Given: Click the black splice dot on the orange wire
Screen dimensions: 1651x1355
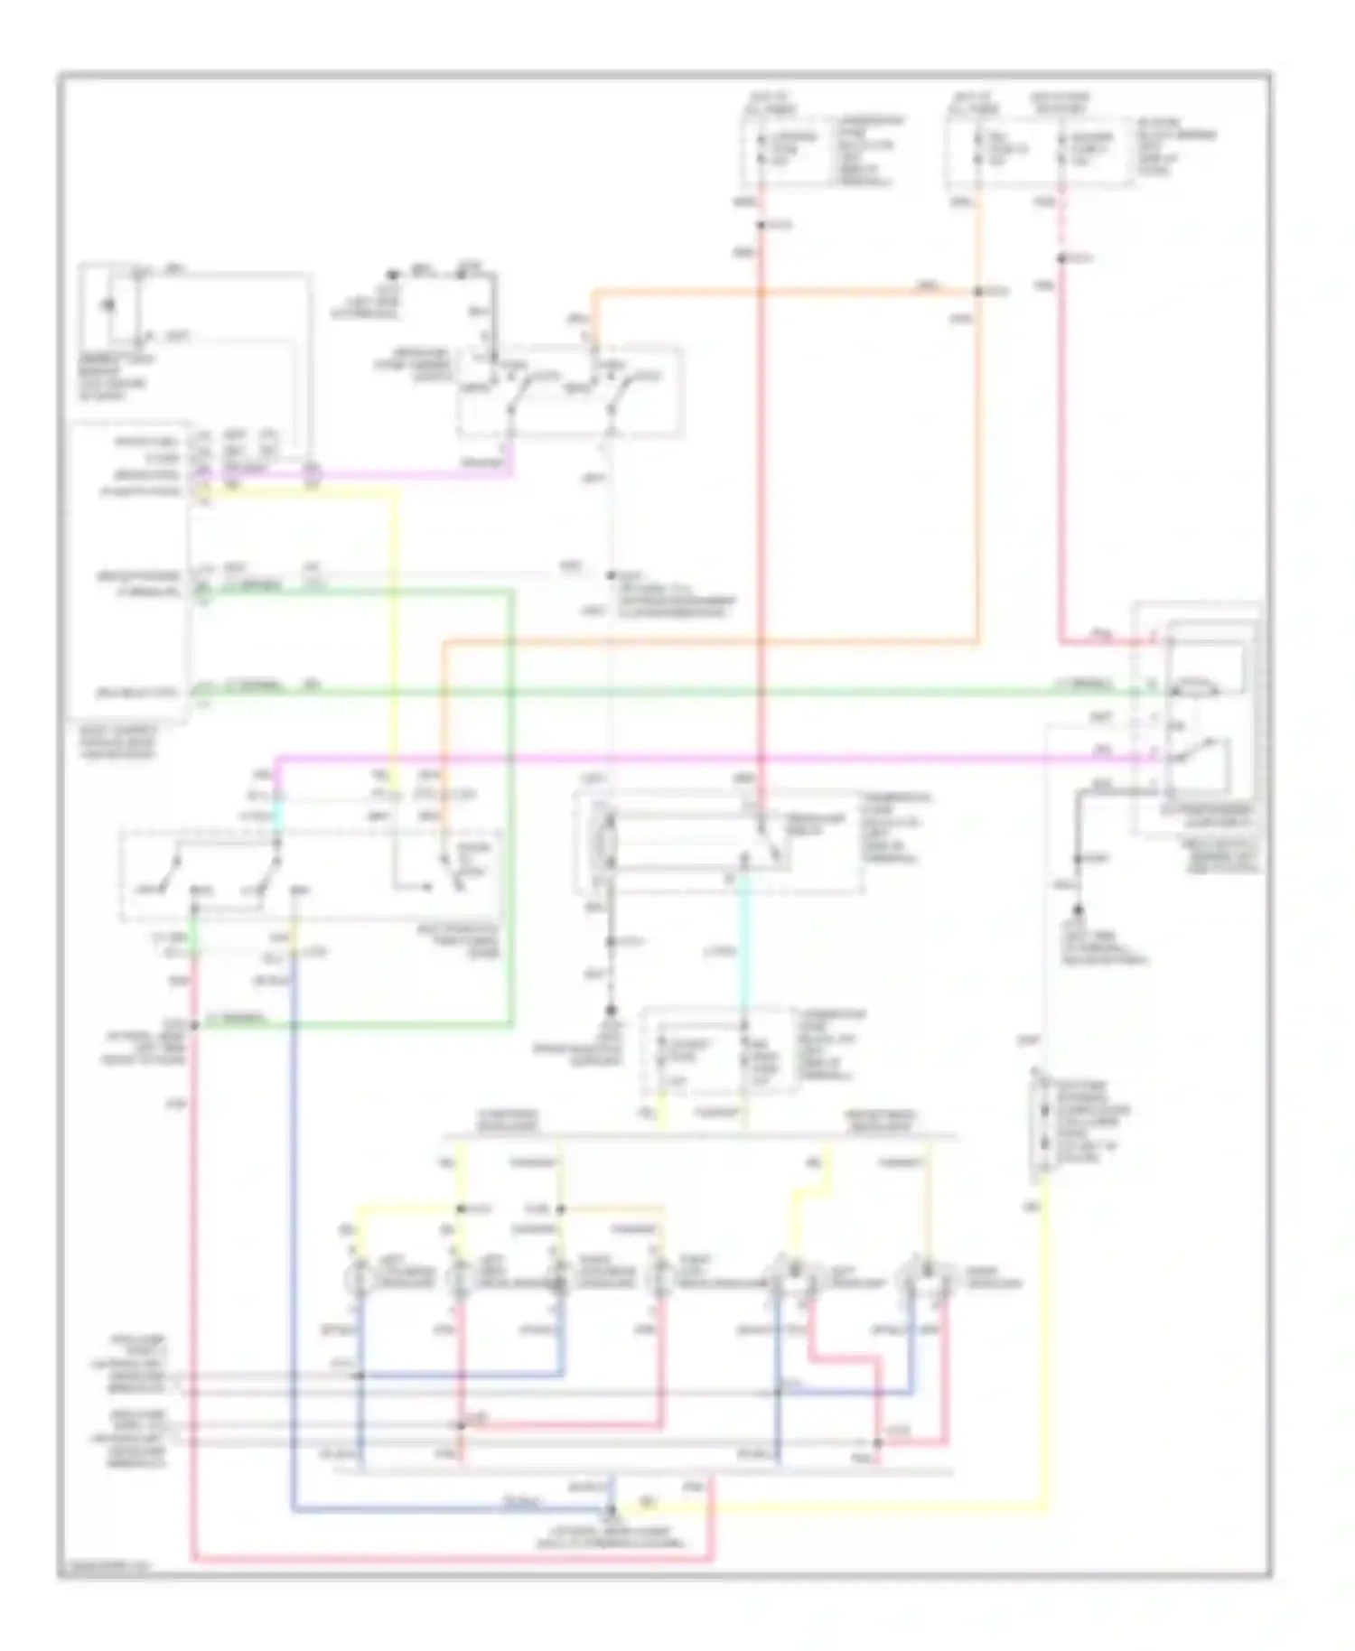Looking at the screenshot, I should click(977, 292).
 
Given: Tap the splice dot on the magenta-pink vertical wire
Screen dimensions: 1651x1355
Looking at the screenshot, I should click(1062, 258).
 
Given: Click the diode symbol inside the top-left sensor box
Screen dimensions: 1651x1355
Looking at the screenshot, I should click(108, 305).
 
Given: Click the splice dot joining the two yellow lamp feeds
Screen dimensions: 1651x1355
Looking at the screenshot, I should click(460, 1208).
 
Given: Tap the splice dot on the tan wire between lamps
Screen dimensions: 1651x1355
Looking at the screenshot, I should click(561, 1208).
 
